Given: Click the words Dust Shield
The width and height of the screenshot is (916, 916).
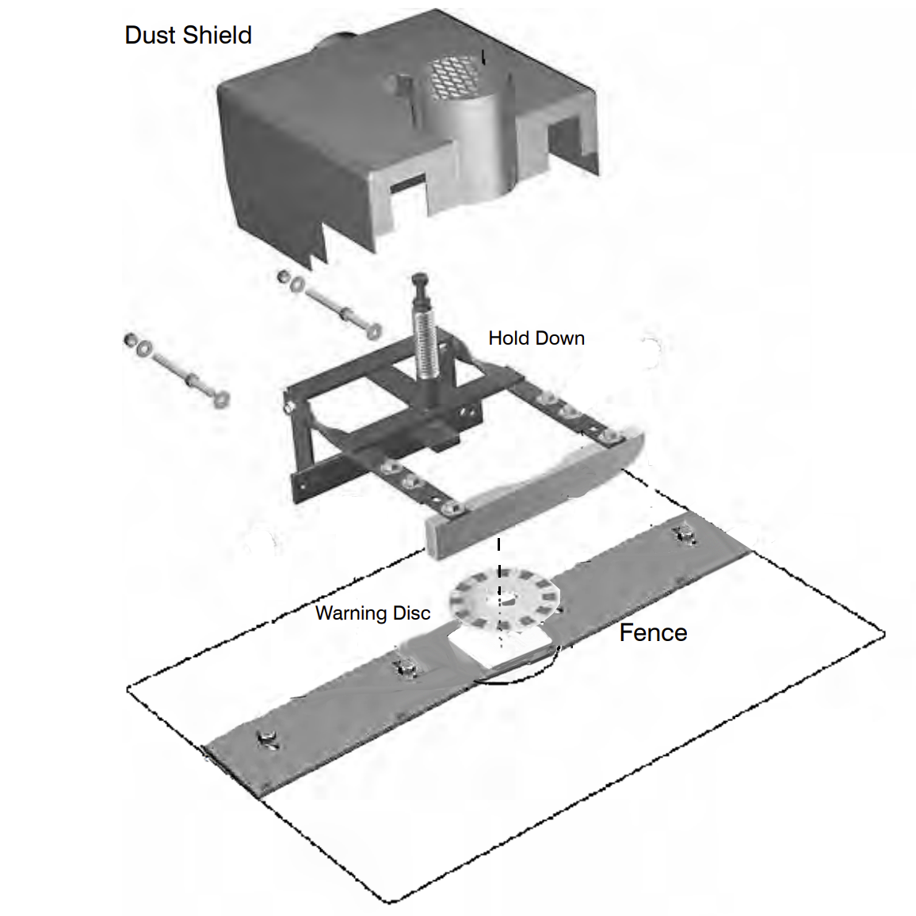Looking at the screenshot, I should coord(189,36).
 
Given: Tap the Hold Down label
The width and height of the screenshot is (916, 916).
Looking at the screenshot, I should coord(536,338).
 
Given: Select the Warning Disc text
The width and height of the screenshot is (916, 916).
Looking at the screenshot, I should coord(372,613).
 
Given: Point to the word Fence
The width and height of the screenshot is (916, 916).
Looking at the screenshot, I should coord(653,633).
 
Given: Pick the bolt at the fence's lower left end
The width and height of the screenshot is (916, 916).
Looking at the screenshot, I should coord(267,740).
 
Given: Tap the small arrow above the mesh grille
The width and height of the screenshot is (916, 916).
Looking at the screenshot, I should coord(484,56).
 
